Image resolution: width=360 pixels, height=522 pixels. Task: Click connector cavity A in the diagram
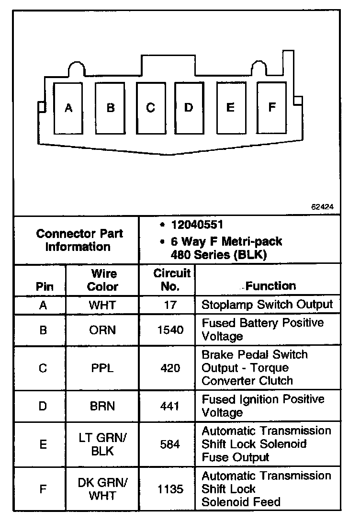(69, 108)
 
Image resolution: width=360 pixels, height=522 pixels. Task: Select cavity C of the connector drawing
(150, 108)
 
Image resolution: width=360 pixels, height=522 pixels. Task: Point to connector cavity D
(189, 108)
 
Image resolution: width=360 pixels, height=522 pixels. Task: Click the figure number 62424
(322, 207)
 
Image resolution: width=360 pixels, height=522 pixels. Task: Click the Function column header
(271, 286)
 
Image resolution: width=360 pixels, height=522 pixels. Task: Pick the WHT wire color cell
(102, 305)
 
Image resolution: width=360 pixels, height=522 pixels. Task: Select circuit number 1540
(170, 330)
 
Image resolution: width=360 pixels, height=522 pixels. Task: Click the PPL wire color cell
(102, 368)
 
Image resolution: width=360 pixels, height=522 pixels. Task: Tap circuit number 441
(170, 406)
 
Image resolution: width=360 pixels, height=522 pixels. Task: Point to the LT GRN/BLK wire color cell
(102, 444)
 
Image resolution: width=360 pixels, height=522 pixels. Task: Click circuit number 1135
(170, 489)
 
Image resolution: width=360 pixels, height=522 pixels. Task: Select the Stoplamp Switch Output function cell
(267, 305)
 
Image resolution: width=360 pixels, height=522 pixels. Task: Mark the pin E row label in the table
(43, 444)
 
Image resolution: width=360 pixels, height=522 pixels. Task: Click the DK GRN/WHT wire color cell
(102, 489)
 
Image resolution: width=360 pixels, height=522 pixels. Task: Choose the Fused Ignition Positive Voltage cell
(263, 406)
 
